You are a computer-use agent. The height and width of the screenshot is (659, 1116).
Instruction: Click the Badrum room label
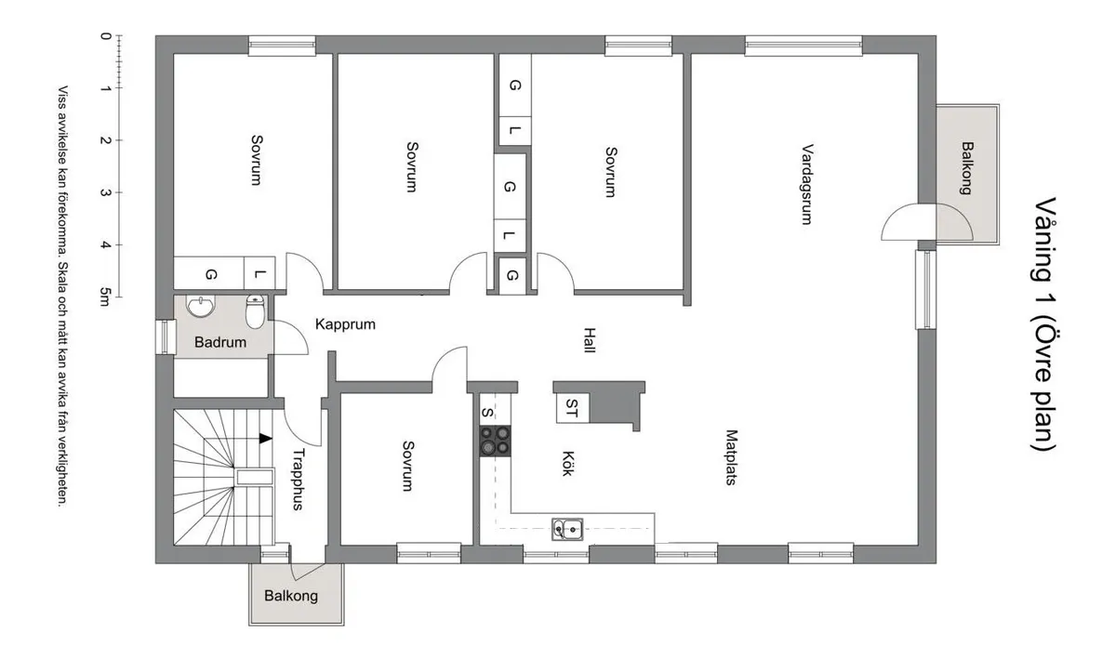(x=220, y=342)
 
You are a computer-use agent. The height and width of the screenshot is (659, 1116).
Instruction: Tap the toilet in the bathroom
(x=255, y=311)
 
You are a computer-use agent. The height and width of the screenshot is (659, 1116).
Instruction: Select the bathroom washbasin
(x=201, y=306)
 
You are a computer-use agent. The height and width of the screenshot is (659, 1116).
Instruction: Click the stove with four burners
(x=495, y=441)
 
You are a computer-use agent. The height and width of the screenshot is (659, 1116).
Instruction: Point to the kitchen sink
(x=567, y=530)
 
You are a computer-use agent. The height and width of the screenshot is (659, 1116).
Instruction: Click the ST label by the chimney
(x=571, y=408)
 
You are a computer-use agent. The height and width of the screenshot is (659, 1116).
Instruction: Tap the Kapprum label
(x=345, y=324)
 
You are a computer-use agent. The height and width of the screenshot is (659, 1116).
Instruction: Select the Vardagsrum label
(x=807, y=184)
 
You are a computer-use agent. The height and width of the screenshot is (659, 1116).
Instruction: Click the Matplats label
(x=731, y=457)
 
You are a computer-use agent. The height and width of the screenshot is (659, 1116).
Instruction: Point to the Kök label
(x=567, y=463)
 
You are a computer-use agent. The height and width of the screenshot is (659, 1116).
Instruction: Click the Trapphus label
(x=298, y=480)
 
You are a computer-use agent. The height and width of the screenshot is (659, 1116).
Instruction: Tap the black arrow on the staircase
(x=266, y=439)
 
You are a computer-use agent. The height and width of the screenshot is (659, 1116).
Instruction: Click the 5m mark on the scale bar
(x=104, y=297)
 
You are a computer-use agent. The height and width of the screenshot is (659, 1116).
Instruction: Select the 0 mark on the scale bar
(x=105, y=36)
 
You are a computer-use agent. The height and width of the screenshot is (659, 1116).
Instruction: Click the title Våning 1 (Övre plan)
(x=1043, y=324)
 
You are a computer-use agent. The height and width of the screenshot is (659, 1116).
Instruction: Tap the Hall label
(x=590, y=340)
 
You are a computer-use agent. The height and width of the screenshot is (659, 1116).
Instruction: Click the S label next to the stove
(x=487, y=413)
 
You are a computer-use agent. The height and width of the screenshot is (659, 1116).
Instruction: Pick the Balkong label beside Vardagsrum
(x=967, y=168)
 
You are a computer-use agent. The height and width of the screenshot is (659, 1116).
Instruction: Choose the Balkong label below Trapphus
(x=291, y=596)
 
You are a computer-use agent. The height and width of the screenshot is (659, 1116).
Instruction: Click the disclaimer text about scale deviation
(x=62, y=297)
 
